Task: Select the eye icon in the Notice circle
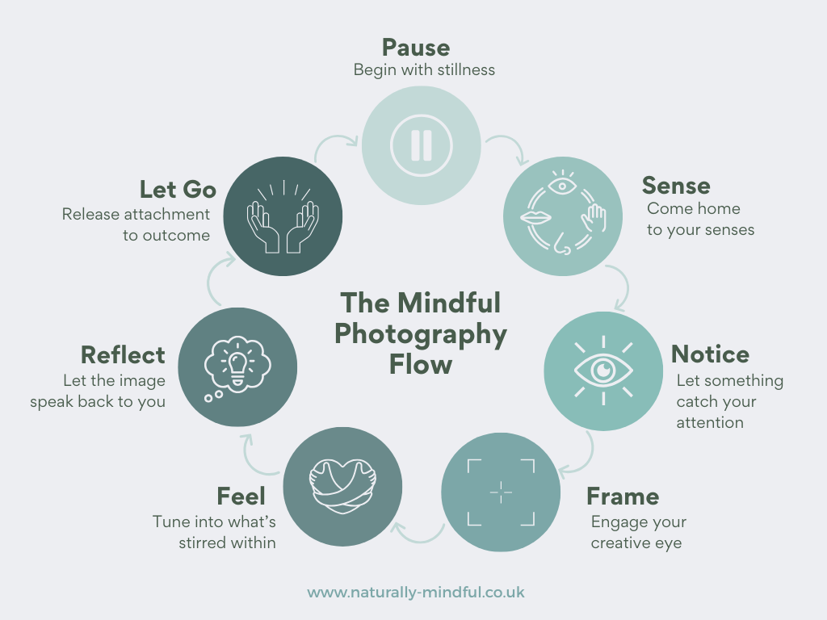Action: pyautogui.click(x=603, y=371)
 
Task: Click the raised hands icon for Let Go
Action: pyautogui.click(x=282, y=216)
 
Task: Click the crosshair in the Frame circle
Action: pyautogui.click(x=501, y=492)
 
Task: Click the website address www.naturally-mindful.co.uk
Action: pyautogui.click(x=416, y=593)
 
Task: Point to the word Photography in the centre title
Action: pyautogui.click(x=421, y=333)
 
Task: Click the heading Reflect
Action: pyautogui.click(x=123, y=355)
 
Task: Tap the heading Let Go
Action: pyautogui.click(x=178, y=189)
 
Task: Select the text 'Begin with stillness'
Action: pyautogui.click(x=424, y=69)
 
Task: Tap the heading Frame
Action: pyautogui.click(x=623, y=496)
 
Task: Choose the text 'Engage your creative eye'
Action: pyautogui.click(x=638, y=532)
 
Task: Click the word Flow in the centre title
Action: pyautogui.click(x=421, y=363)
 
